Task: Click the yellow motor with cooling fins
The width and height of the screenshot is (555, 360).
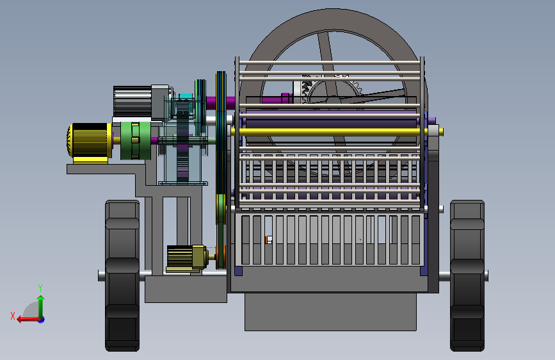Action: tap(89, 141)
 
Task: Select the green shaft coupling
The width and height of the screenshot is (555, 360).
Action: tap(135, 141)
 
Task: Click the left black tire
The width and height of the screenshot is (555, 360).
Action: tap(122, 275)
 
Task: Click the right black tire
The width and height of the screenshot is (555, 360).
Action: tap(467, 275)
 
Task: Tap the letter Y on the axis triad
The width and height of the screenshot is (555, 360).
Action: tap(40, 288)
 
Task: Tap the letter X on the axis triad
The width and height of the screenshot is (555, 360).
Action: tap(13, 316)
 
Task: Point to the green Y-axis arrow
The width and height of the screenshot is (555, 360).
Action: tap(41, 307)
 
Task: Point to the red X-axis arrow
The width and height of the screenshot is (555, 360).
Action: tap(28, 320)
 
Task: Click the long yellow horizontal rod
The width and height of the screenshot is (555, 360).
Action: tap(337, 132)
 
